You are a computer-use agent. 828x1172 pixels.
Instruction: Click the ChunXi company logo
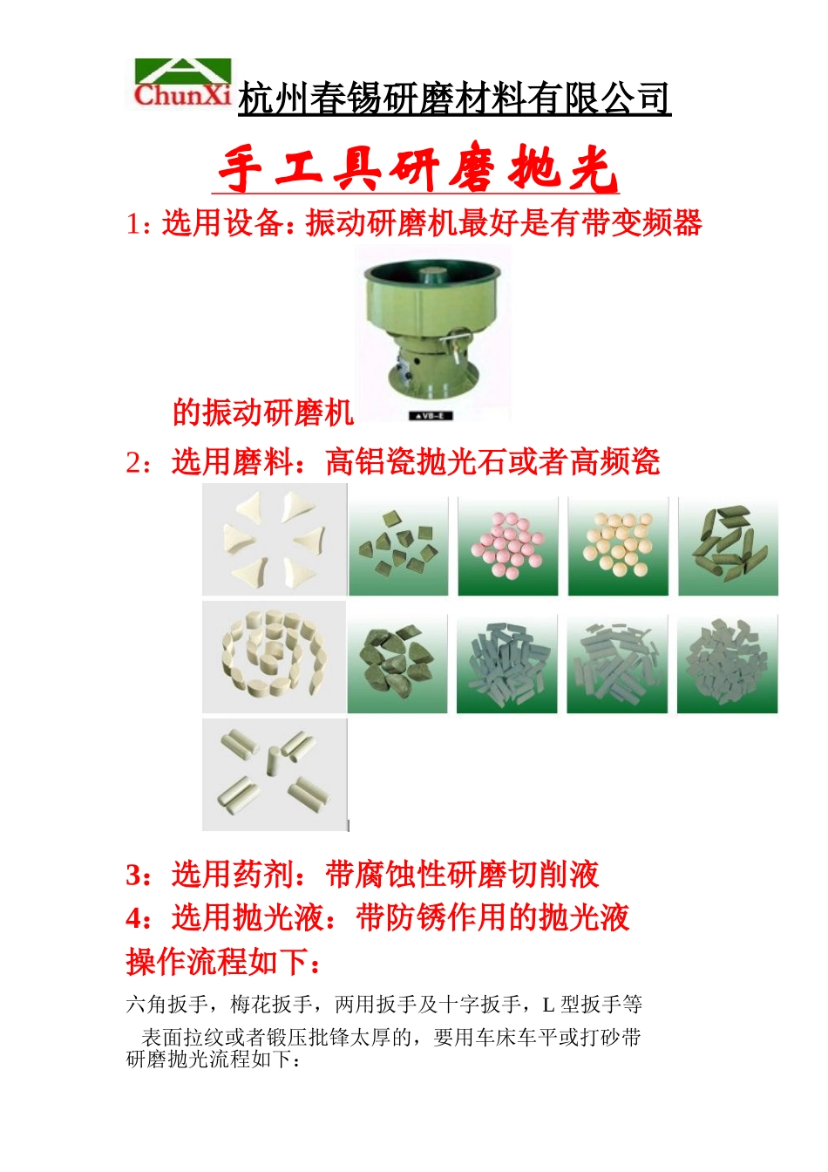[x=183, y=85]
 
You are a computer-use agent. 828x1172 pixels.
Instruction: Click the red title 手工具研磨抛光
[x=417, y=168]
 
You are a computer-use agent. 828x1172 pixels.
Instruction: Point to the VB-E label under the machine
[x=431, y=416]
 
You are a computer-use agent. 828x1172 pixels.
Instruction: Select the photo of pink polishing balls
[x=507, y=547]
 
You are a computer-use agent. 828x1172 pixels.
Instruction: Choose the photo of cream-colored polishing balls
[x=618, y=547]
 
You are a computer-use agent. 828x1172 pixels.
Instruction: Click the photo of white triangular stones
[x=275, y=540]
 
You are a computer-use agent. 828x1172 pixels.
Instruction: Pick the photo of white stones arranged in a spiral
[x=274, y=656]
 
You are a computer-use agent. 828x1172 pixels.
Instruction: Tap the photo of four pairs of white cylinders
[x=275, y=773]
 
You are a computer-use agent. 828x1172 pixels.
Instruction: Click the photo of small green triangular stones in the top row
[x=398, y=547]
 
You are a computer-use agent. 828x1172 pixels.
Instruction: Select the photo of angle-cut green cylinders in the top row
[x=728, y=547]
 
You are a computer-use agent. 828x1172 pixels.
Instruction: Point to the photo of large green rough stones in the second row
[x=397, y=664]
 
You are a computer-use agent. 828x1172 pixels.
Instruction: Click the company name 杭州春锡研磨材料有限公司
[x=453, y=99]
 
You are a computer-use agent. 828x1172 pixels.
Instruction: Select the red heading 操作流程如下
[x=224, y=962]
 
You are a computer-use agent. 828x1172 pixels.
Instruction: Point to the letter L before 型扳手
[x=548, y=1005]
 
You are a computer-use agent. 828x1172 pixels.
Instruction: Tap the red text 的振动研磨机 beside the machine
[x=262, y=412]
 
